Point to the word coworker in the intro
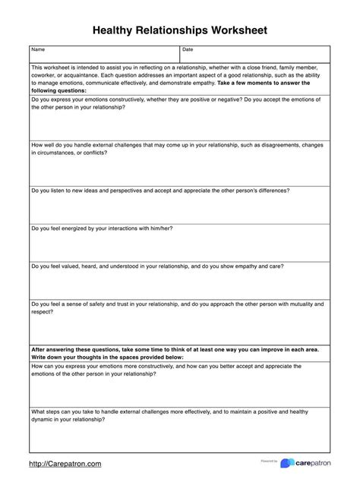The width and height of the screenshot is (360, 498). point(45,75)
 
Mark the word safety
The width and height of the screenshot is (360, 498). point(99,304)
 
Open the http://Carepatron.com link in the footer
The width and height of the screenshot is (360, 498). point(65,463)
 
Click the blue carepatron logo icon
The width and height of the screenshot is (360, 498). point(286,463)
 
